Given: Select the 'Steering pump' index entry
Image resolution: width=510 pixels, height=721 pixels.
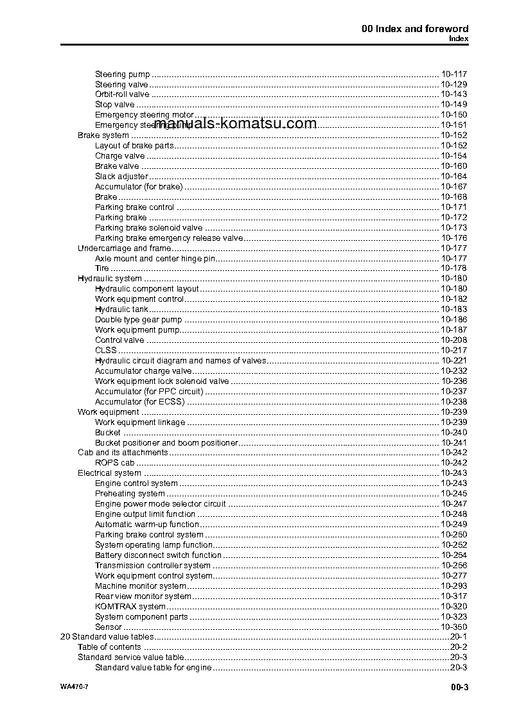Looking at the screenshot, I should (122, 74).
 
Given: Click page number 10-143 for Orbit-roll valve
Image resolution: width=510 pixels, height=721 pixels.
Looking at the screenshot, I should (453, 94).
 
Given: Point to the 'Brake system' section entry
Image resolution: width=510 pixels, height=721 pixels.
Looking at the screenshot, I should (103, 135).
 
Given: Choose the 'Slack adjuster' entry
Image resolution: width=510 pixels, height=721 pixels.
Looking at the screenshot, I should (121, 177).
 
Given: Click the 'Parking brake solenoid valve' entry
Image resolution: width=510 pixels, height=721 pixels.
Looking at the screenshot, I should (148, 228).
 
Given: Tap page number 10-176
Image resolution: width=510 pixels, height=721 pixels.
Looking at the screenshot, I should (453, 238).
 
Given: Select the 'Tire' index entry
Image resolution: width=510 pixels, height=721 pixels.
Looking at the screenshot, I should (102, 268).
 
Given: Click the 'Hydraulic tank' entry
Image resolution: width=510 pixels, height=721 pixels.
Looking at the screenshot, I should (121, 309).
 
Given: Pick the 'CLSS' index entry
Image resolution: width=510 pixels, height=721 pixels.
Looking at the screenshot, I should (106, 351).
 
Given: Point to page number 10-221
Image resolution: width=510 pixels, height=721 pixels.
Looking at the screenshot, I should (453, 361).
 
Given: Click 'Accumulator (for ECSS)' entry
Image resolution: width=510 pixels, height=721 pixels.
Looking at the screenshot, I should (139, 402).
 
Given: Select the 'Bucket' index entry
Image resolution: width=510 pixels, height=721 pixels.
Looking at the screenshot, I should (107, 433).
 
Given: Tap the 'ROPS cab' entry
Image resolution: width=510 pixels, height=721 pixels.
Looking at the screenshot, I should (114, 463).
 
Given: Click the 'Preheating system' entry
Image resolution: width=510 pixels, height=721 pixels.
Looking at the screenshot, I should (130, 494).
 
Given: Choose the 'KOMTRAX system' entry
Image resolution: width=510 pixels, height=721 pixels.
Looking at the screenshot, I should (130, 607).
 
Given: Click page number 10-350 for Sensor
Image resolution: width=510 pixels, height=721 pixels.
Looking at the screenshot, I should (453, 627).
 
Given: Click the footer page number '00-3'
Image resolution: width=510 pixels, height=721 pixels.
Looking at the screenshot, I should (459, 688).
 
